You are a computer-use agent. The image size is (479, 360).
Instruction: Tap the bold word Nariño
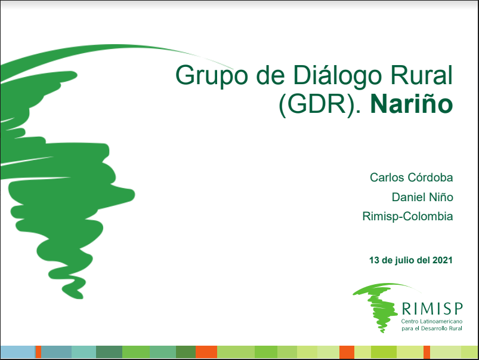coord(412,104)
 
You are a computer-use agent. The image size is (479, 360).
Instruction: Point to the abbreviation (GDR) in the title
coord(317,105)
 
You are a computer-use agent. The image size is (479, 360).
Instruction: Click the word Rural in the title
coord(422,75)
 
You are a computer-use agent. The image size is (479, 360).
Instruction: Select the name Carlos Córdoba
coord(411,177)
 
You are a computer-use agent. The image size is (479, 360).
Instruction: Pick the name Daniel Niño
coord(422,197)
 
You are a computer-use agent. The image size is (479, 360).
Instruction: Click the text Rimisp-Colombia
coord(407,217)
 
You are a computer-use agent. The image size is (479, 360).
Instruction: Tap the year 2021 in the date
coord(443,260)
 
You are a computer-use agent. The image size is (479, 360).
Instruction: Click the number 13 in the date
coord(374,260)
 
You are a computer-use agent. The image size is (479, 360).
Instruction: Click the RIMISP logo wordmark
coord(432,309)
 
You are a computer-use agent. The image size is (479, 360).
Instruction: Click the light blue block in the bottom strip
coord(18,352)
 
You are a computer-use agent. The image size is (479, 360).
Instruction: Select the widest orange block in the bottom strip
coord(206,352)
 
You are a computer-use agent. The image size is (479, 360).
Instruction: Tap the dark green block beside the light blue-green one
coord(109,352)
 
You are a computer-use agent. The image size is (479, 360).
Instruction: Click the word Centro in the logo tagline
coord(410,321)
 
